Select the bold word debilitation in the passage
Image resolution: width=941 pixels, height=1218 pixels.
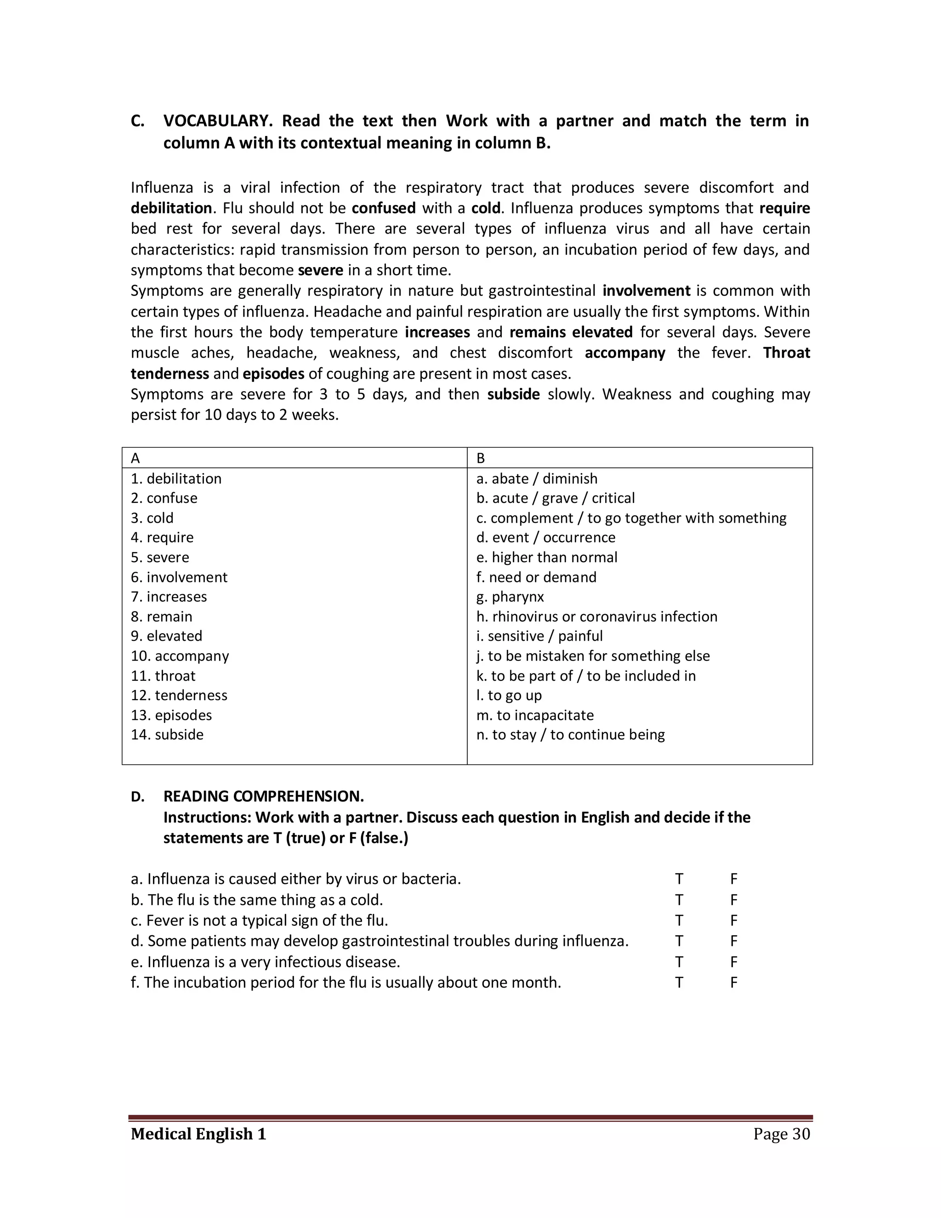click(171, 208)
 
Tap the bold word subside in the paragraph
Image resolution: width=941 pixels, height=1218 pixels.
click(513, 394)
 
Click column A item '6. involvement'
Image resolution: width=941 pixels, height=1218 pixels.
click(179, 577)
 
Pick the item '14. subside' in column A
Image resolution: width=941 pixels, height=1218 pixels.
click(167, 734)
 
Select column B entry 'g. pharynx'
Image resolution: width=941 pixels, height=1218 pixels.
click(510, 597)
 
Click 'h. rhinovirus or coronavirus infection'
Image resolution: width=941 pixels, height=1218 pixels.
click(596, 616)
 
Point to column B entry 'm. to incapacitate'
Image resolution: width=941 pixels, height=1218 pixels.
click(535, 715)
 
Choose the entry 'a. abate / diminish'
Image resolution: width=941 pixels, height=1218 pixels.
click(536, 478)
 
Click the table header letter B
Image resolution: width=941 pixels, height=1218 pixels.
click(481, 458)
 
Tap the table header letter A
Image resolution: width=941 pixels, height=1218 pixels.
click(136, 458)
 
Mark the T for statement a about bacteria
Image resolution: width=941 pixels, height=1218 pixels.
click(679, 879)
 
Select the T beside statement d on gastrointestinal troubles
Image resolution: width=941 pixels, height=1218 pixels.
click(679, 941)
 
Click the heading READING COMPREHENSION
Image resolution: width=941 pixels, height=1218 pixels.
click(263, 797)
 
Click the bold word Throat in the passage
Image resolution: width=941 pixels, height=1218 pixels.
click(786, 353)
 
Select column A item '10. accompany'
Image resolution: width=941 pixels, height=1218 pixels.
click(180, 656)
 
